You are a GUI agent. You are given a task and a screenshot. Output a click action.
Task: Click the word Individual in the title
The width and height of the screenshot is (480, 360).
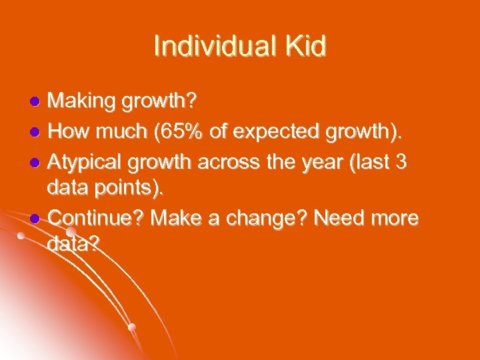click(213, 47)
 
